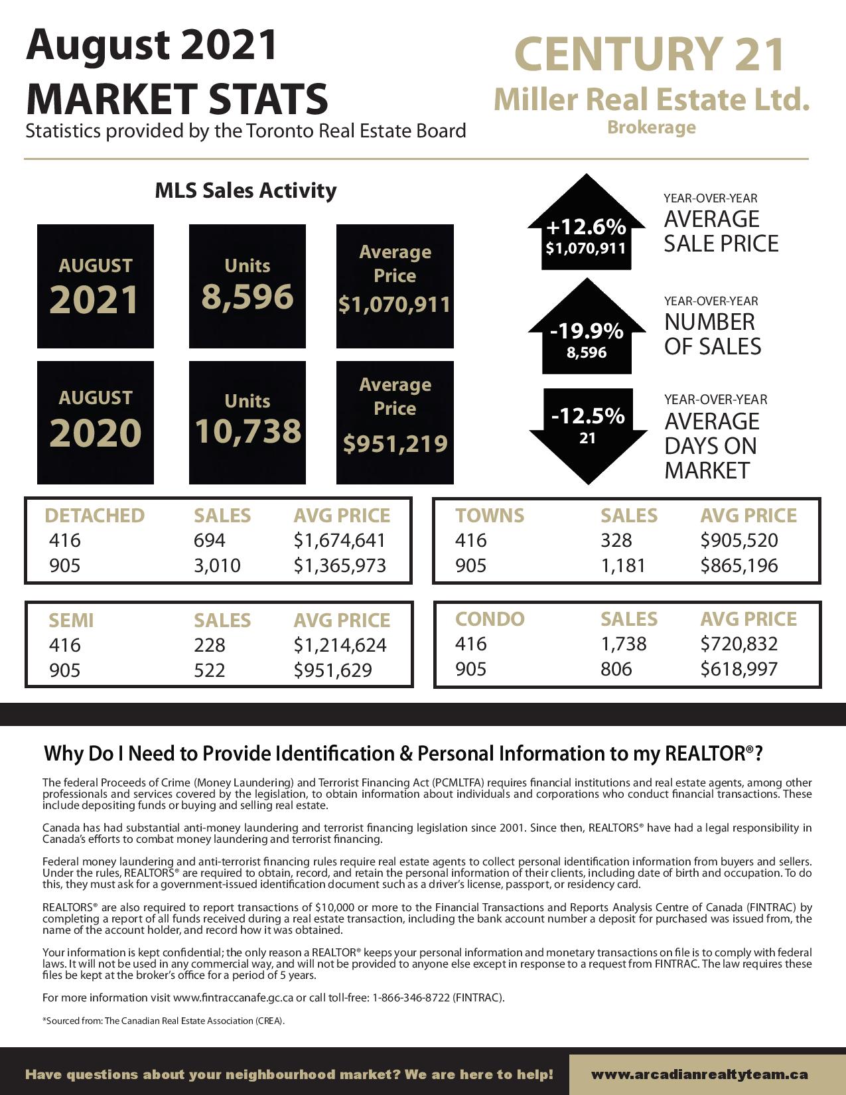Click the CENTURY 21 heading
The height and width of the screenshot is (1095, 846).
[x=650, y=54]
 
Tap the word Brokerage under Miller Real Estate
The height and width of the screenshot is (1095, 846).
[x=651, y=127]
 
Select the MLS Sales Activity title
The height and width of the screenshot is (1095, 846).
[x=246, y=190]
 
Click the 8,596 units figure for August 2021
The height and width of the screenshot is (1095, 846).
[x=247, y=296]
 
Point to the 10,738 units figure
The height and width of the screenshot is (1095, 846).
[x=247, y=431]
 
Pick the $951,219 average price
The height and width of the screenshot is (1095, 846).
[x=395, y=443]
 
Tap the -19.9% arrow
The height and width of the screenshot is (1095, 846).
[x=586, y=330]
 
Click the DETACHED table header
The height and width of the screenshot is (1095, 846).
[x=94, y=516]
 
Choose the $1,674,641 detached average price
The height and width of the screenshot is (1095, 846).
[x=340, y=540]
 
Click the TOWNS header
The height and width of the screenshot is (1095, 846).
[x=489, y=516]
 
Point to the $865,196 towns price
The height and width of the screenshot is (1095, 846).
[x=739, y=565]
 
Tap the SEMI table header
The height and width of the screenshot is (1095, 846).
[x=71, y=620]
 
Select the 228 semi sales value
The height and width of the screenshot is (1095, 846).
[x=210, y=645]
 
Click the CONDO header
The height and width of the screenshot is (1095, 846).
[x=490, y=619]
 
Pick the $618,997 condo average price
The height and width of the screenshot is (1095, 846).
[x=739, y=669]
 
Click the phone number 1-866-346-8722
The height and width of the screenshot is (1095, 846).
[x=411, y=997]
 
